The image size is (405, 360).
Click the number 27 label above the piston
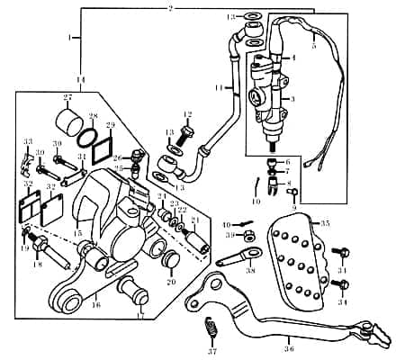tap(67, 97)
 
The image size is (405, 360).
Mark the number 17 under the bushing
tap(139, 317)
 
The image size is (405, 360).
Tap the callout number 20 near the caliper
tap(172, 281)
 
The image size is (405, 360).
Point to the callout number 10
tap(257, 202)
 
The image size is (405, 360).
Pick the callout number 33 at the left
tap(28, 141)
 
